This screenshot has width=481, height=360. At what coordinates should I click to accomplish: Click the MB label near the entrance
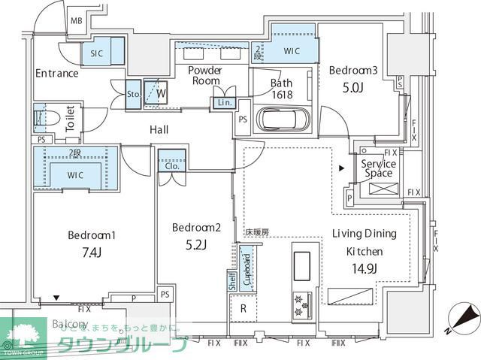click(x=76, y=21)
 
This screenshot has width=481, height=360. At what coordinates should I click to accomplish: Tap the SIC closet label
click(x=96, y=54)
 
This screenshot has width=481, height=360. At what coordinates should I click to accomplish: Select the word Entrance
click(x=56, y=74)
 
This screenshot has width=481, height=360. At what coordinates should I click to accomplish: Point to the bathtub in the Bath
click(x=281, y=119)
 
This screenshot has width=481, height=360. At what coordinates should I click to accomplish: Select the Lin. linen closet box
click(x=224, y=102)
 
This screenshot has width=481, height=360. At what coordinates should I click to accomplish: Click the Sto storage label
click(x=133, y=95)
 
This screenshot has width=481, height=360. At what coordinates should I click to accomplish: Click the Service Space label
click(x=378, y=169)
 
